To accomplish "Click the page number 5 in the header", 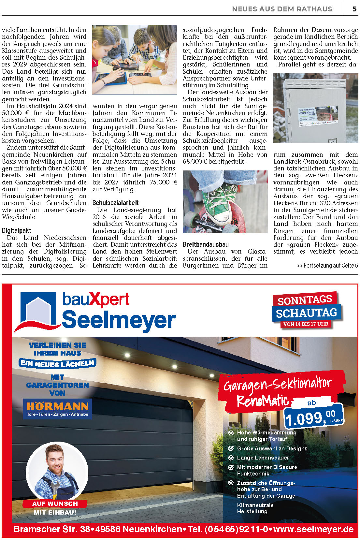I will [354, 9].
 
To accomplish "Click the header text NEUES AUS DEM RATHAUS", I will [282, 9].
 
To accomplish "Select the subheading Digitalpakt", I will [17, 230].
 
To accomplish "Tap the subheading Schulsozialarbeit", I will [115, 203].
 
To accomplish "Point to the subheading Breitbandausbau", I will [206, 244].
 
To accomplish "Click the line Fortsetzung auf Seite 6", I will [327, 266].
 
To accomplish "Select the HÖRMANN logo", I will [58, 409].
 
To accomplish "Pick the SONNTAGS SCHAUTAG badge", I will [306, 307].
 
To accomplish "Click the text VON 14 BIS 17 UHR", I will [306, 324].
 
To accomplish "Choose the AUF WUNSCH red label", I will [55, 504].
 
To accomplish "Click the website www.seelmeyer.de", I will [313, 529].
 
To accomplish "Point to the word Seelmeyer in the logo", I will [119, 320].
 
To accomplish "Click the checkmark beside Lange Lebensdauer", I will [231, 458].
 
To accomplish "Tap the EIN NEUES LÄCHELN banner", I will [58, 363].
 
